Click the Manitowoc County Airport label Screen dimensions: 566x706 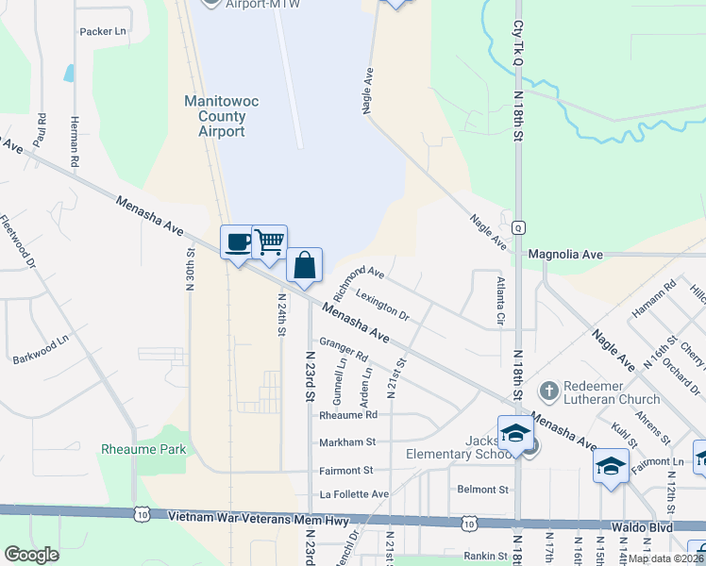coord(215,115)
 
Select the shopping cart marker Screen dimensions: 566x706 coord(270,242)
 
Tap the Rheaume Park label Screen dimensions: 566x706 coord(143,449)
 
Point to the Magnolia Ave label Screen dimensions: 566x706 coord(565,255)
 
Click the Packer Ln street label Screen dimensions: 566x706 coord(103,31)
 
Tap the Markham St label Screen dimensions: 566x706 coord(347,441)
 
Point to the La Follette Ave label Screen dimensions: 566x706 coord(354,494)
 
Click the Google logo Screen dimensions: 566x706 coord(31,555)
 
